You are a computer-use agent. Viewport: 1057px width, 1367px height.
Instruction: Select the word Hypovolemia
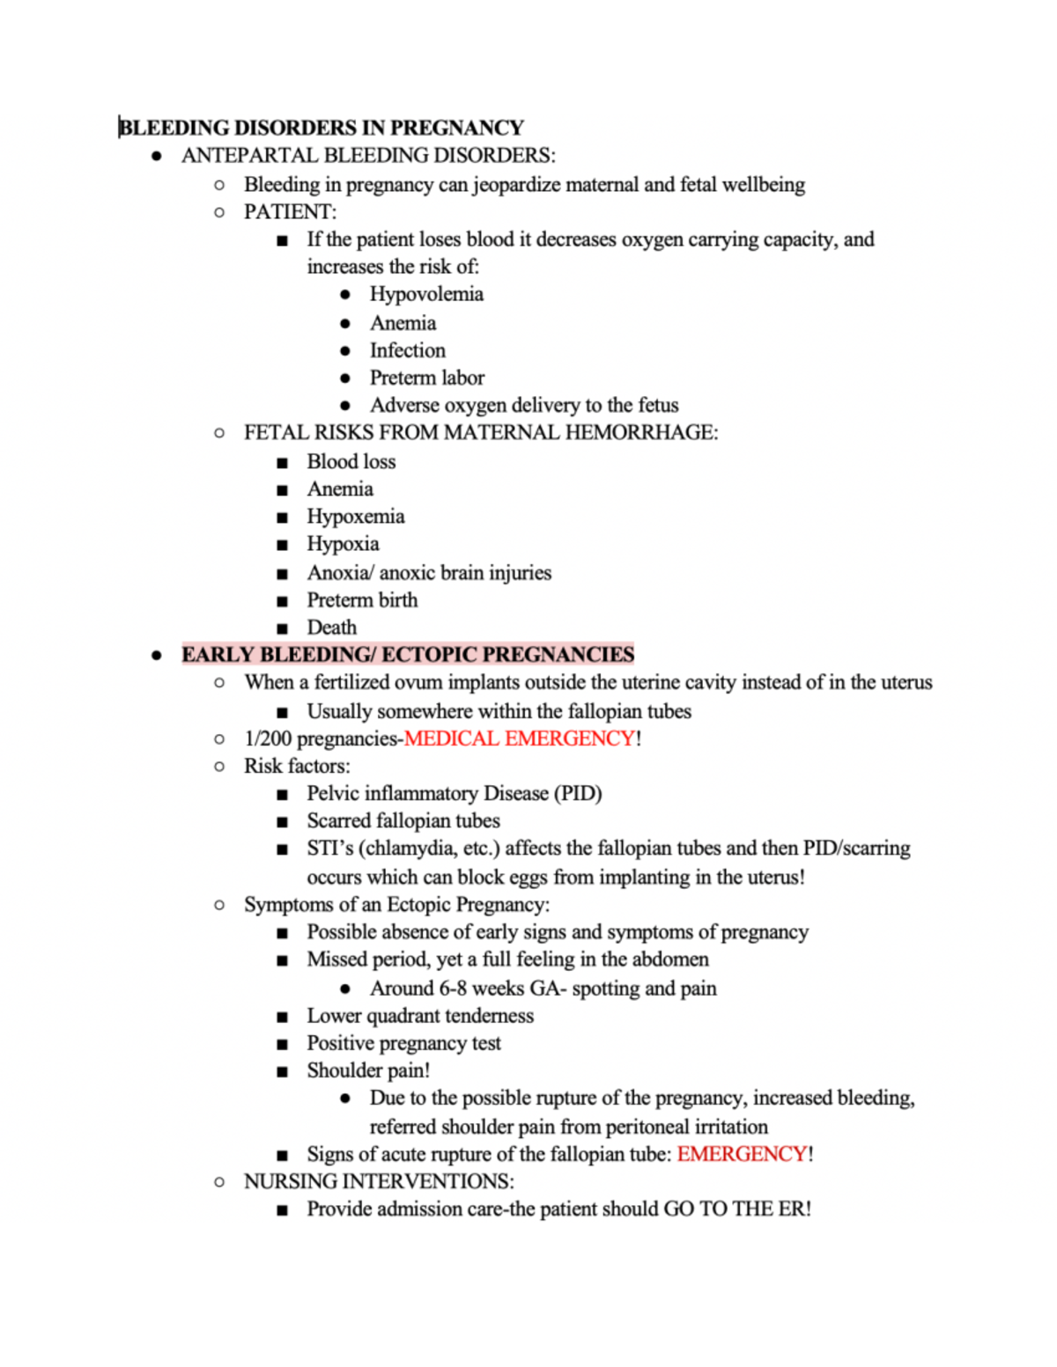pyautogui.click(x=426, y=294)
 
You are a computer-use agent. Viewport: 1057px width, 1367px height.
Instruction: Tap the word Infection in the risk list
pyautogui.click(x=407, y=350)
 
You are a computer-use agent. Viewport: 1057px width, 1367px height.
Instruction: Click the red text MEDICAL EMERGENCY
pyautogui.click(x=519, y=739)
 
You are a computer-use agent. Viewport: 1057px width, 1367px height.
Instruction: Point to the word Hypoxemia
pyautogui.click(x=355, y=517)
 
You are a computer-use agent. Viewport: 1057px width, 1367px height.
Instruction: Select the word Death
pyautogui.click(x=331, y=628)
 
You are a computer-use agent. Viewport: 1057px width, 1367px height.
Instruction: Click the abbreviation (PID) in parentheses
pyautogui.click(x=578, y=793)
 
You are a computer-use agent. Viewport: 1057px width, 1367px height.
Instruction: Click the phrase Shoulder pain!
pyautogui.click(x=368, y=1070)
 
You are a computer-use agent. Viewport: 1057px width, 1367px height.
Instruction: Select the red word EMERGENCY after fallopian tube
pyautogui.click(x=742, y=1154)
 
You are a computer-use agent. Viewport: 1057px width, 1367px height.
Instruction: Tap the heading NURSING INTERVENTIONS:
pyautogui.click(x=379, y=1181)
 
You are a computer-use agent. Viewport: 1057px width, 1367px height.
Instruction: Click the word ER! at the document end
pyautogui.click(x=795, y=1209)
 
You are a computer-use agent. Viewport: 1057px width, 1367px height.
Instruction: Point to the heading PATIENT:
pyautogui.click(x=290, y=212)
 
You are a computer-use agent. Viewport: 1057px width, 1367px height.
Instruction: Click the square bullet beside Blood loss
pyautogui.click(x=282, y=463)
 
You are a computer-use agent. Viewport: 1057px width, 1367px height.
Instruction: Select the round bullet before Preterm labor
pyautogui.click(x=345, y=378)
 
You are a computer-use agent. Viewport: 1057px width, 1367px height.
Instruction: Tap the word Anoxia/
pyautogui.click(x=340, y=573)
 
